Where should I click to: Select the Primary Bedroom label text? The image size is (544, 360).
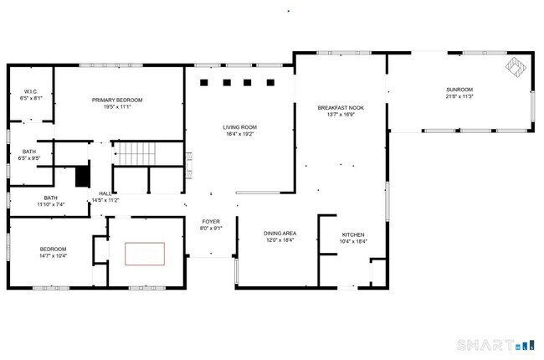pos(117,100)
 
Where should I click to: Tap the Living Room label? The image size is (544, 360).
pos(239,127)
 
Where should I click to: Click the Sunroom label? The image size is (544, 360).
pos(459,90)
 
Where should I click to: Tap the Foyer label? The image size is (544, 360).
pos(210,221)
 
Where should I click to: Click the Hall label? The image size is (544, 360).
pos(105,193)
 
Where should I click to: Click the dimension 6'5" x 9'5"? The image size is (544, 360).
pos(29,158)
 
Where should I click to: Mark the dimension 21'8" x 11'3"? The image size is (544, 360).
pos(459,97)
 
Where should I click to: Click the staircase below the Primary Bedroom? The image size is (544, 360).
pos(136,154)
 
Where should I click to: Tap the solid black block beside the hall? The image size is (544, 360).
pos(82,177)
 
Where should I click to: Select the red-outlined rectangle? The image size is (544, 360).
pos(146,254)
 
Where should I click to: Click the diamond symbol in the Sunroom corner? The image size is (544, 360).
pos(513,66)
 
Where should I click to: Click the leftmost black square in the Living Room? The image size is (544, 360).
pos(206,82)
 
